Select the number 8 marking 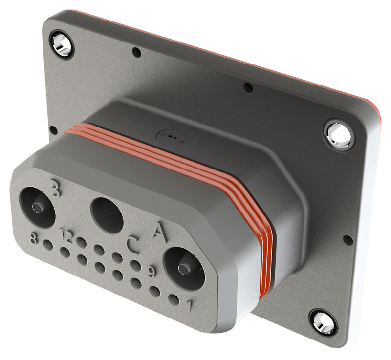coord(33,239)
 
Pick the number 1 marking coord(190,306)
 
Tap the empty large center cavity coord(107,215)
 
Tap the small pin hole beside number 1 coord(174,299)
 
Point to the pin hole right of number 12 coord(82,242)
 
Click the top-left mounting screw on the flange coord(62,43)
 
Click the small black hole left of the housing coord(53,130)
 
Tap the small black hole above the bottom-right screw coord(348,240)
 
